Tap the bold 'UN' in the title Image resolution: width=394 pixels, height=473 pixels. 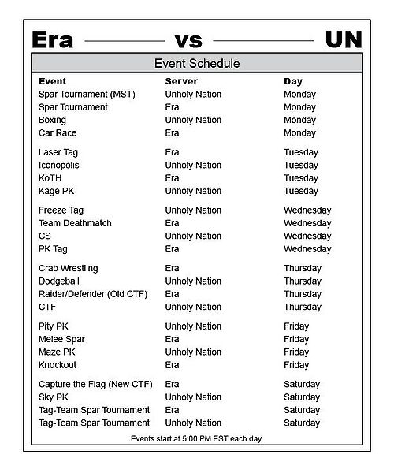344,39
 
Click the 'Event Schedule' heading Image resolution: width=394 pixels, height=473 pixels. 197,63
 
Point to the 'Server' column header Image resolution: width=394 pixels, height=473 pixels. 181,81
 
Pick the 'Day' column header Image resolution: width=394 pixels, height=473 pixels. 292,81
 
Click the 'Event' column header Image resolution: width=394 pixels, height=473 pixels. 52,81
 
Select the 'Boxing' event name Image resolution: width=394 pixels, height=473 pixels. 53,120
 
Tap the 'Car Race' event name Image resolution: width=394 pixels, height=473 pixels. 58,133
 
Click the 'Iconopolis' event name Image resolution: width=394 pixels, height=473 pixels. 59,166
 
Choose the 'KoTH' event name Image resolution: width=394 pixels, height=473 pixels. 50,178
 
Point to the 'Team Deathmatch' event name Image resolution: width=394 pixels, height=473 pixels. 75,223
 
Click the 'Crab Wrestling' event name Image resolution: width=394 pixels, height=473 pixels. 69,268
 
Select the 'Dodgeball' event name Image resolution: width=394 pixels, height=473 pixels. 59,281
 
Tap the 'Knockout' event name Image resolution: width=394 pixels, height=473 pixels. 58,365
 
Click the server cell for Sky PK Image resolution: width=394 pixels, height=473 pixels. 193,397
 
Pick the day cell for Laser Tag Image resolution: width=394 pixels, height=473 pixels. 301,152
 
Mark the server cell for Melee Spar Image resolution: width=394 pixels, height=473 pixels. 173,339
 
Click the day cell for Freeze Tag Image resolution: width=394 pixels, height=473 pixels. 307,210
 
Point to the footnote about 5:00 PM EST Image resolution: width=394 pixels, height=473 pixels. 197,438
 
